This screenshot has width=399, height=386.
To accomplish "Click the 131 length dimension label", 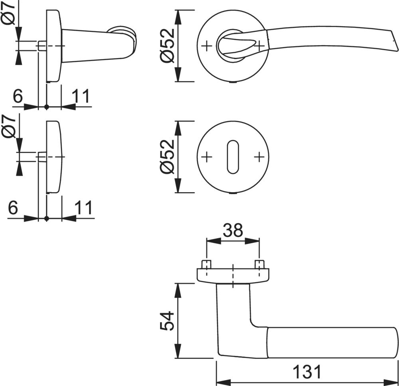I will point(307,372).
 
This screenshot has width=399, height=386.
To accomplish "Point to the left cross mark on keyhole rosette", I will point(206,157).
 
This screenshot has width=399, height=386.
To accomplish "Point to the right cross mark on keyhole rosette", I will point(259,157).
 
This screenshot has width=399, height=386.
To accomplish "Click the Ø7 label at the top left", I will point(9,14).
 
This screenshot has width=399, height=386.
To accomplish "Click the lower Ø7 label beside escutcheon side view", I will point(9,126).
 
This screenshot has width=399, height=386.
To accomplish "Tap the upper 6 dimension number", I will point(17,96).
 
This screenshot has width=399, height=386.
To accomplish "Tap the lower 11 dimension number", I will point(83,207).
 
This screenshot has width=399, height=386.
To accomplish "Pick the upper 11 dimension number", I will point(81,96).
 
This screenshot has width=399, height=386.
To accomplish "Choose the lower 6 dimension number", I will point(13,207).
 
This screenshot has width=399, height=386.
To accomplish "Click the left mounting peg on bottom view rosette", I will point(206,264).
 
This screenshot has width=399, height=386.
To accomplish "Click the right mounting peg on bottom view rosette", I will point(259,264).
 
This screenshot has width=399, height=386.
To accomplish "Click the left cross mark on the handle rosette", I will point(206,46).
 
